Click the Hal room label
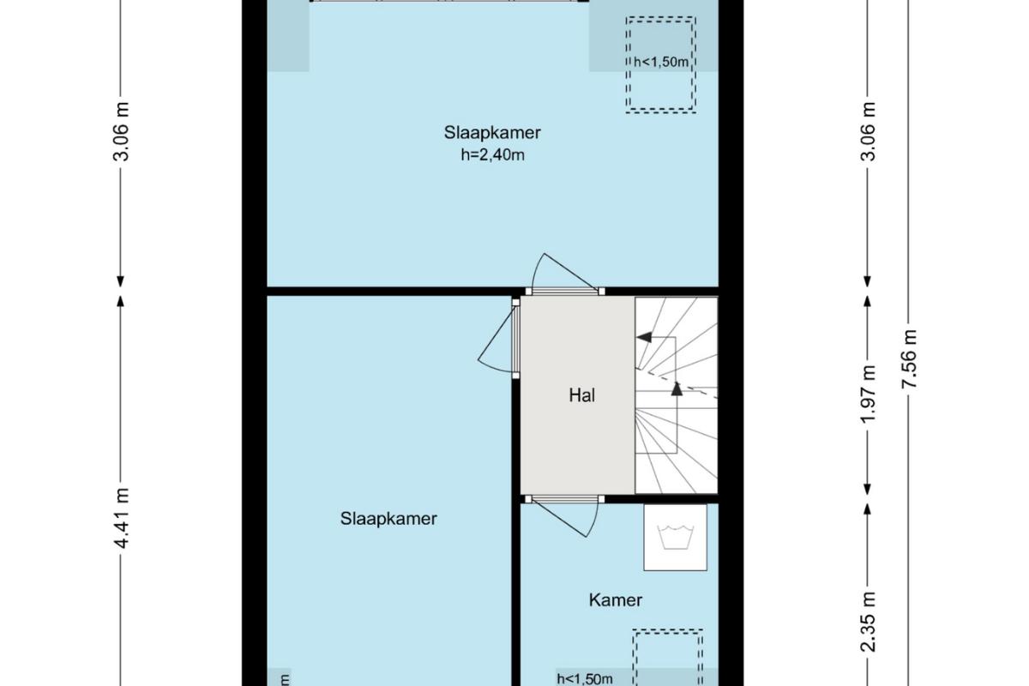point(582,395)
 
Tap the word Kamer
point(616,600)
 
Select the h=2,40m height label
point(492,155)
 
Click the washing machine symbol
point(675,537)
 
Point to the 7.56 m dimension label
point(909,358)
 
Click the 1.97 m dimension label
point(868,394)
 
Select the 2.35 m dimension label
point(868,623)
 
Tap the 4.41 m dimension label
point(122,518)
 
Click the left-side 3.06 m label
point(122,131)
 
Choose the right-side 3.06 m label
point(868,131)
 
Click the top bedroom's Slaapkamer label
point(492,133)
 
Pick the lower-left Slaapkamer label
point(388,519)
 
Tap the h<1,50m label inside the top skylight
point(661,62)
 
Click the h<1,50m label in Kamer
point(585,678)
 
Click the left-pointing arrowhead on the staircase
point(644,337)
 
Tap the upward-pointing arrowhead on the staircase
point(677,388)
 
